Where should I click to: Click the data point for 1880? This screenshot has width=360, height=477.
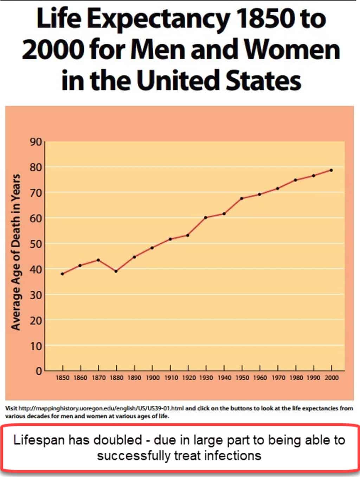pyautogui.click(x=116, y=271)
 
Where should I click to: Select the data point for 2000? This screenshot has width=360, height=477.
pyautogui.click(x=331, y=170)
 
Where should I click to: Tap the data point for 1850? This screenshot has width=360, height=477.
pyautogui.click(x=63, y=274)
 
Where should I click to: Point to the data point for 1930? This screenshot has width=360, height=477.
pyautogui.click(x=206, y=217)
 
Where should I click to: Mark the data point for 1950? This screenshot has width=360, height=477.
pyautogui.click(x=242, y=198)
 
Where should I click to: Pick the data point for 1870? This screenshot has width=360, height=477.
pyautogui.click(x=98, y=260)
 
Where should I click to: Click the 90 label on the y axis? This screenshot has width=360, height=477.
pyautogui.click(x=36, y=142)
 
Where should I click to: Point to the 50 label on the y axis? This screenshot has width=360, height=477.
pyautogui.click(x=36, y=244)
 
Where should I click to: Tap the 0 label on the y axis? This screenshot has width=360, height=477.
pyautogui.click(x=39, y=371)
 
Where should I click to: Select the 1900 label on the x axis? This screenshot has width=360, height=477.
pyautogui.click(x=153, y=378)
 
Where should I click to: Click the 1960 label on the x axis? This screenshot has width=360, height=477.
pyautogui.click(x=260, y=378)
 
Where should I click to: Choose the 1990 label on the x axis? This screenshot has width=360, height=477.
pyautogui.click(x=314, y=378)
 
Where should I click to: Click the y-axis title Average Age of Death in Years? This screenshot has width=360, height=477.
pyautogui.click(x=16, y=252)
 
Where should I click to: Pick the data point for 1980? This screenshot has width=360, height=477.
pyautogui.click(x=295, y=180)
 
